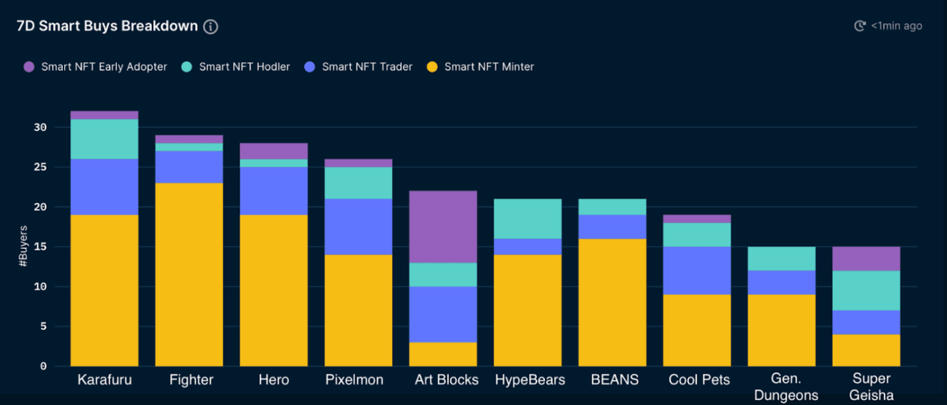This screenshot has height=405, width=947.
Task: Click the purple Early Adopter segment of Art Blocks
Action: [443, 227]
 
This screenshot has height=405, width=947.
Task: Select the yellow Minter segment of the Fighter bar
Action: [189, 274]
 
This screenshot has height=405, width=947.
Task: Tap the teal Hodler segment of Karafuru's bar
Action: [105, 139]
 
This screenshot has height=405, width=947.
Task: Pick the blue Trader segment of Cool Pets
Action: [697, 270]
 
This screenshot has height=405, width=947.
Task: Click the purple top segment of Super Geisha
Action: [866, 258]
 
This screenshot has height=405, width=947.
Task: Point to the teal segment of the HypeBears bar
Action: [528, 219]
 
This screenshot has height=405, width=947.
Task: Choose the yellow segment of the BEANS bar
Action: [612, 302]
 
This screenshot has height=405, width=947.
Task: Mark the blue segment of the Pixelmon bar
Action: [358, 227]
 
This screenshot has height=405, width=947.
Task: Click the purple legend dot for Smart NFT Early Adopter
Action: [29, 67]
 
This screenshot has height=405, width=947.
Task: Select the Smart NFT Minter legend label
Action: [489, 67]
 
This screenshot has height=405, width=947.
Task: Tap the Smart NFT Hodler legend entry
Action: [244, 67]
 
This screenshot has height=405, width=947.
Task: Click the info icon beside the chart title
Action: [210, 27]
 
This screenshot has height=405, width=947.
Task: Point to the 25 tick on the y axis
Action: [40, 167]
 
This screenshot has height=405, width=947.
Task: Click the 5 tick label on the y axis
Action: [43, 326]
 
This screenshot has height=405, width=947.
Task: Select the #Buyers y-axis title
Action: [23, 246]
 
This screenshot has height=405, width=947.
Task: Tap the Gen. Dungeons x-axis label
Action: [786, 388]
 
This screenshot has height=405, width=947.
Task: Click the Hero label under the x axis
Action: [274, 380]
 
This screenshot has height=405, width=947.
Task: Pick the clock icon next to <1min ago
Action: [860, 26]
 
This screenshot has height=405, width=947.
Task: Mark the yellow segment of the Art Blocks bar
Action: [443, 354]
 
